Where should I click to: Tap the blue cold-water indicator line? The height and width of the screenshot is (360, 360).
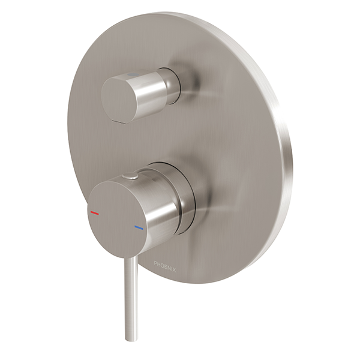pyautogui.click(x=139, y=228)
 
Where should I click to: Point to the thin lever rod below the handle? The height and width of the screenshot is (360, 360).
pyautogui.click(x=131, y=288)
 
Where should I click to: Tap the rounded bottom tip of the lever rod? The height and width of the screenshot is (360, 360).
pyautogui.click(x=132, y=337)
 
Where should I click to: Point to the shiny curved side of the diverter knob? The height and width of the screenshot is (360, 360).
pyautogui.click(x=150, y=90)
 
